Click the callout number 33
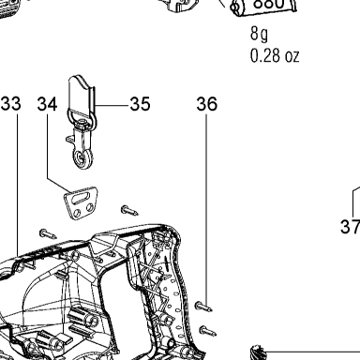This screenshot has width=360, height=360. point(11,103)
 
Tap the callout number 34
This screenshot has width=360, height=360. point(47,103)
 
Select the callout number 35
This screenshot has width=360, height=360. point(140,103)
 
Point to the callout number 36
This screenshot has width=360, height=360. point(206,103)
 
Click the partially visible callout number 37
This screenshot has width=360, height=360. point(351,227)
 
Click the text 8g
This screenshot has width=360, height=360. point(259,34)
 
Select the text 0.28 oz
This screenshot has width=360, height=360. point(275,55)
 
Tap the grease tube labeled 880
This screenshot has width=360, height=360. point(264,7)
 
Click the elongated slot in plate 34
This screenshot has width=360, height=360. point(81,198)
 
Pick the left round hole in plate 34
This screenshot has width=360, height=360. point(76,213)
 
